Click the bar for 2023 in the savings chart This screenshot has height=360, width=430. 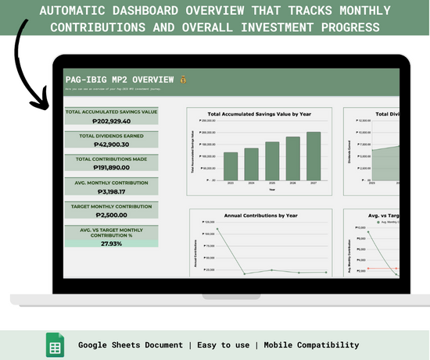click(230, 166)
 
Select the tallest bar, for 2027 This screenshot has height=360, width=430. click(314, 155)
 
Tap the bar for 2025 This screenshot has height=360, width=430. click(272, 160)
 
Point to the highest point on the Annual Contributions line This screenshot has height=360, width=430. click(217, 230)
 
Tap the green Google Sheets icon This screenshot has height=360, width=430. click(55, 344)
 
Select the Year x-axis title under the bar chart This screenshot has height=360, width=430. click(271, 189)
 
